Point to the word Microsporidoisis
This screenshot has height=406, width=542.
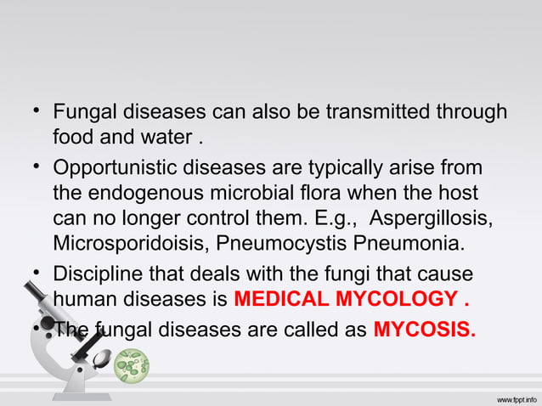[128, 245]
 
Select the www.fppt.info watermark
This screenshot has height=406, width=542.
[509, 397]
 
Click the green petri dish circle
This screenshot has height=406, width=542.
[133, 365]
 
